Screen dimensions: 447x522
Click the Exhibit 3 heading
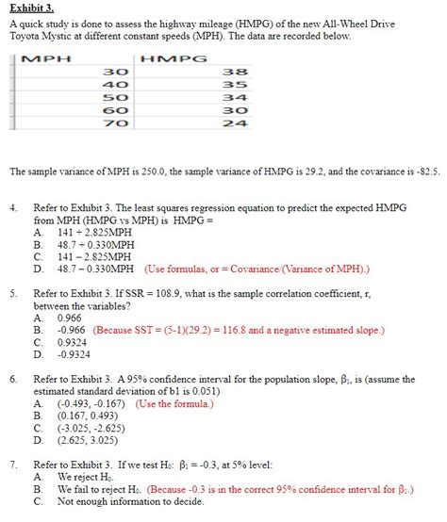point(31,8)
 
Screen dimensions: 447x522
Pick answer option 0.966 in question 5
point(70,318)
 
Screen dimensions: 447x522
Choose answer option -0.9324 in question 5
point(74,354)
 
